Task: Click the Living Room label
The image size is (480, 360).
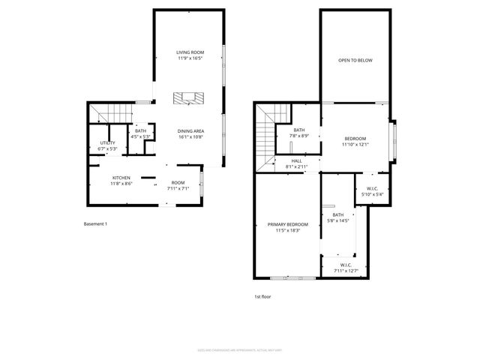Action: click(x=190, y=52)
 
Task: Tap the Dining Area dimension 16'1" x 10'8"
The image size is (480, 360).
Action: click(x=191, y=137)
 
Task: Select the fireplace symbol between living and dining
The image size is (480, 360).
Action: click(x=189, y=97)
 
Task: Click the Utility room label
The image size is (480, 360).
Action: click(x=106, y=142)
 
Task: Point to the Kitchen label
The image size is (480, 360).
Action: click(x=121, y=178)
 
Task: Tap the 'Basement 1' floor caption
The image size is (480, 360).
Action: click(x=95, y=223)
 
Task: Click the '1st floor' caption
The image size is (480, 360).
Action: click(x=262, y=296)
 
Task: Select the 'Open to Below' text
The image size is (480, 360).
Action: click(x=355, y=60)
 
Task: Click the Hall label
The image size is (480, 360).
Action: click(x=297, y=160)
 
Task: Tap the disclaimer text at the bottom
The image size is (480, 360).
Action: click(x=239, y=349)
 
